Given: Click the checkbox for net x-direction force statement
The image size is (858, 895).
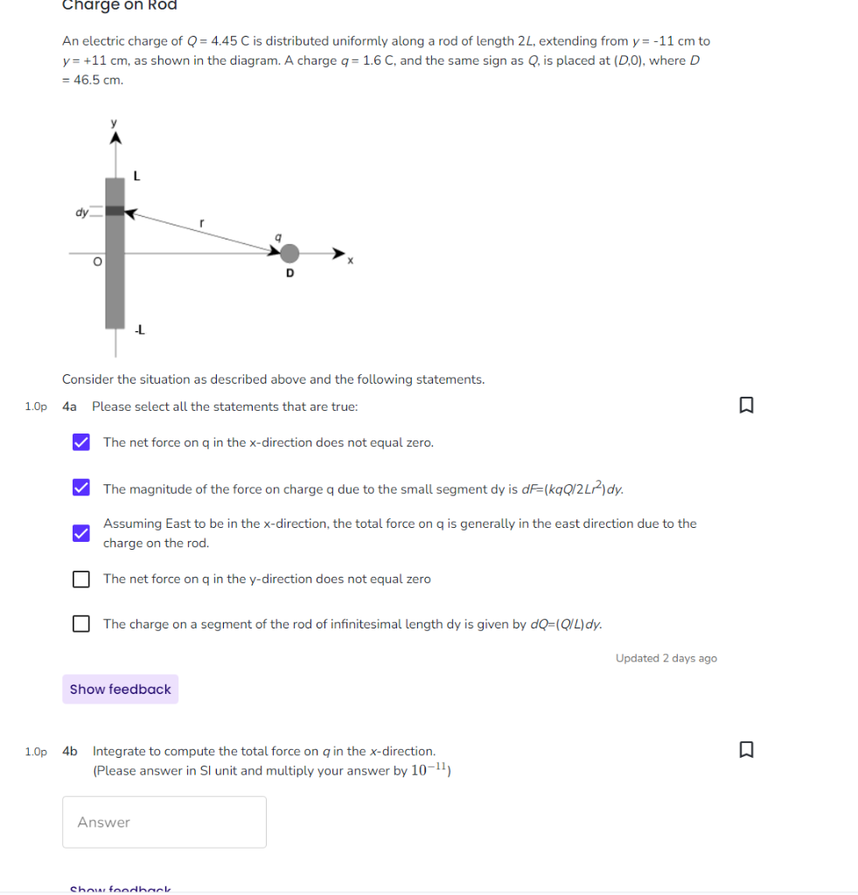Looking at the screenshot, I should pos(80,442).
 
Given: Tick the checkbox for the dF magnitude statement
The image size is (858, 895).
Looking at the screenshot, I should pos(80,488).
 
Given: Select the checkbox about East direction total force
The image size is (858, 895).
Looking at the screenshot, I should pos(80,533).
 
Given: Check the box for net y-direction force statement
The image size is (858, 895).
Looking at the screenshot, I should pos(80,579).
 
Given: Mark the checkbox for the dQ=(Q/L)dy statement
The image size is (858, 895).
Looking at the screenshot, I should pos(80,624).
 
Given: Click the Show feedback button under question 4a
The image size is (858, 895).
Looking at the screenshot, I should pos(121,689).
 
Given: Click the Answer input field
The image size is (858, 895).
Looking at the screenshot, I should pos(164,822).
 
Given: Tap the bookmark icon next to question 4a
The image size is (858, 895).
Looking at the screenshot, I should pos(745,406).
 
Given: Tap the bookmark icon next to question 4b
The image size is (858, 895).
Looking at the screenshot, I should pos(745,750).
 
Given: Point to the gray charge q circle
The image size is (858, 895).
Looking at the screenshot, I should pos(289,253).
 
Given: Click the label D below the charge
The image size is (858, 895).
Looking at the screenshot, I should pos(289,274).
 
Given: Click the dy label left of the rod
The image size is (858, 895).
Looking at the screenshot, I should pos(81,212).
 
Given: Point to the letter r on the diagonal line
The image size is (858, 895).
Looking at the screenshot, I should pos(201,224).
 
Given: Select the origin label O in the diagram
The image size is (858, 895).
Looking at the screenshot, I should pos(98,261).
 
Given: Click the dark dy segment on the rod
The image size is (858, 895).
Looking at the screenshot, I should pos(115,212).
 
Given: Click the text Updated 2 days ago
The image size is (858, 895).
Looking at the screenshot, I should pos(666,658).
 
